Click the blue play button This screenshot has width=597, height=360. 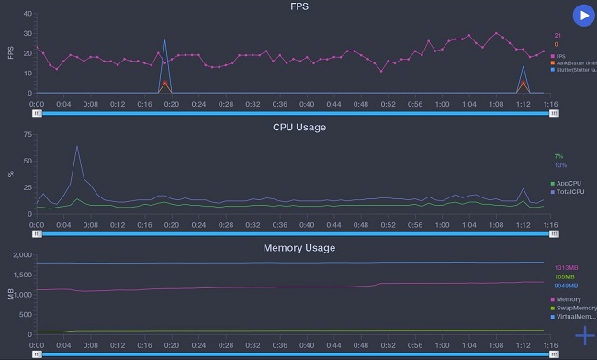point(582,16)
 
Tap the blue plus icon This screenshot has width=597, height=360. point(584,335)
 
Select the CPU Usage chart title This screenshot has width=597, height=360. point(299,127)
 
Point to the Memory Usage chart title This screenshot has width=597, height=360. point(299,248)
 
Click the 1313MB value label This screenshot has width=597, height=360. point(564,268)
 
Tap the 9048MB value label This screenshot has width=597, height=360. point(564,285)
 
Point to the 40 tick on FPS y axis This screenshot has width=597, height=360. point(27,15)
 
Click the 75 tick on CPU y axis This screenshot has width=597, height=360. point(27,134)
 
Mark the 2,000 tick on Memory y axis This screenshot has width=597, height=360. point(21,255)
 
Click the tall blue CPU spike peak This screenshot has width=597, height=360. point(77,146)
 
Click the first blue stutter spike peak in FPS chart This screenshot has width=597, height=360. point(164,40)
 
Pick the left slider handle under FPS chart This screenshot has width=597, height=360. point(37,113)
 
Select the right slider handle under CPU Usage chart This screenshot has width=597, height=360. point(554,233)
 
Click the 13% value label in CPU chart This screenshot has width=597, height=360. point(560,165)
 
